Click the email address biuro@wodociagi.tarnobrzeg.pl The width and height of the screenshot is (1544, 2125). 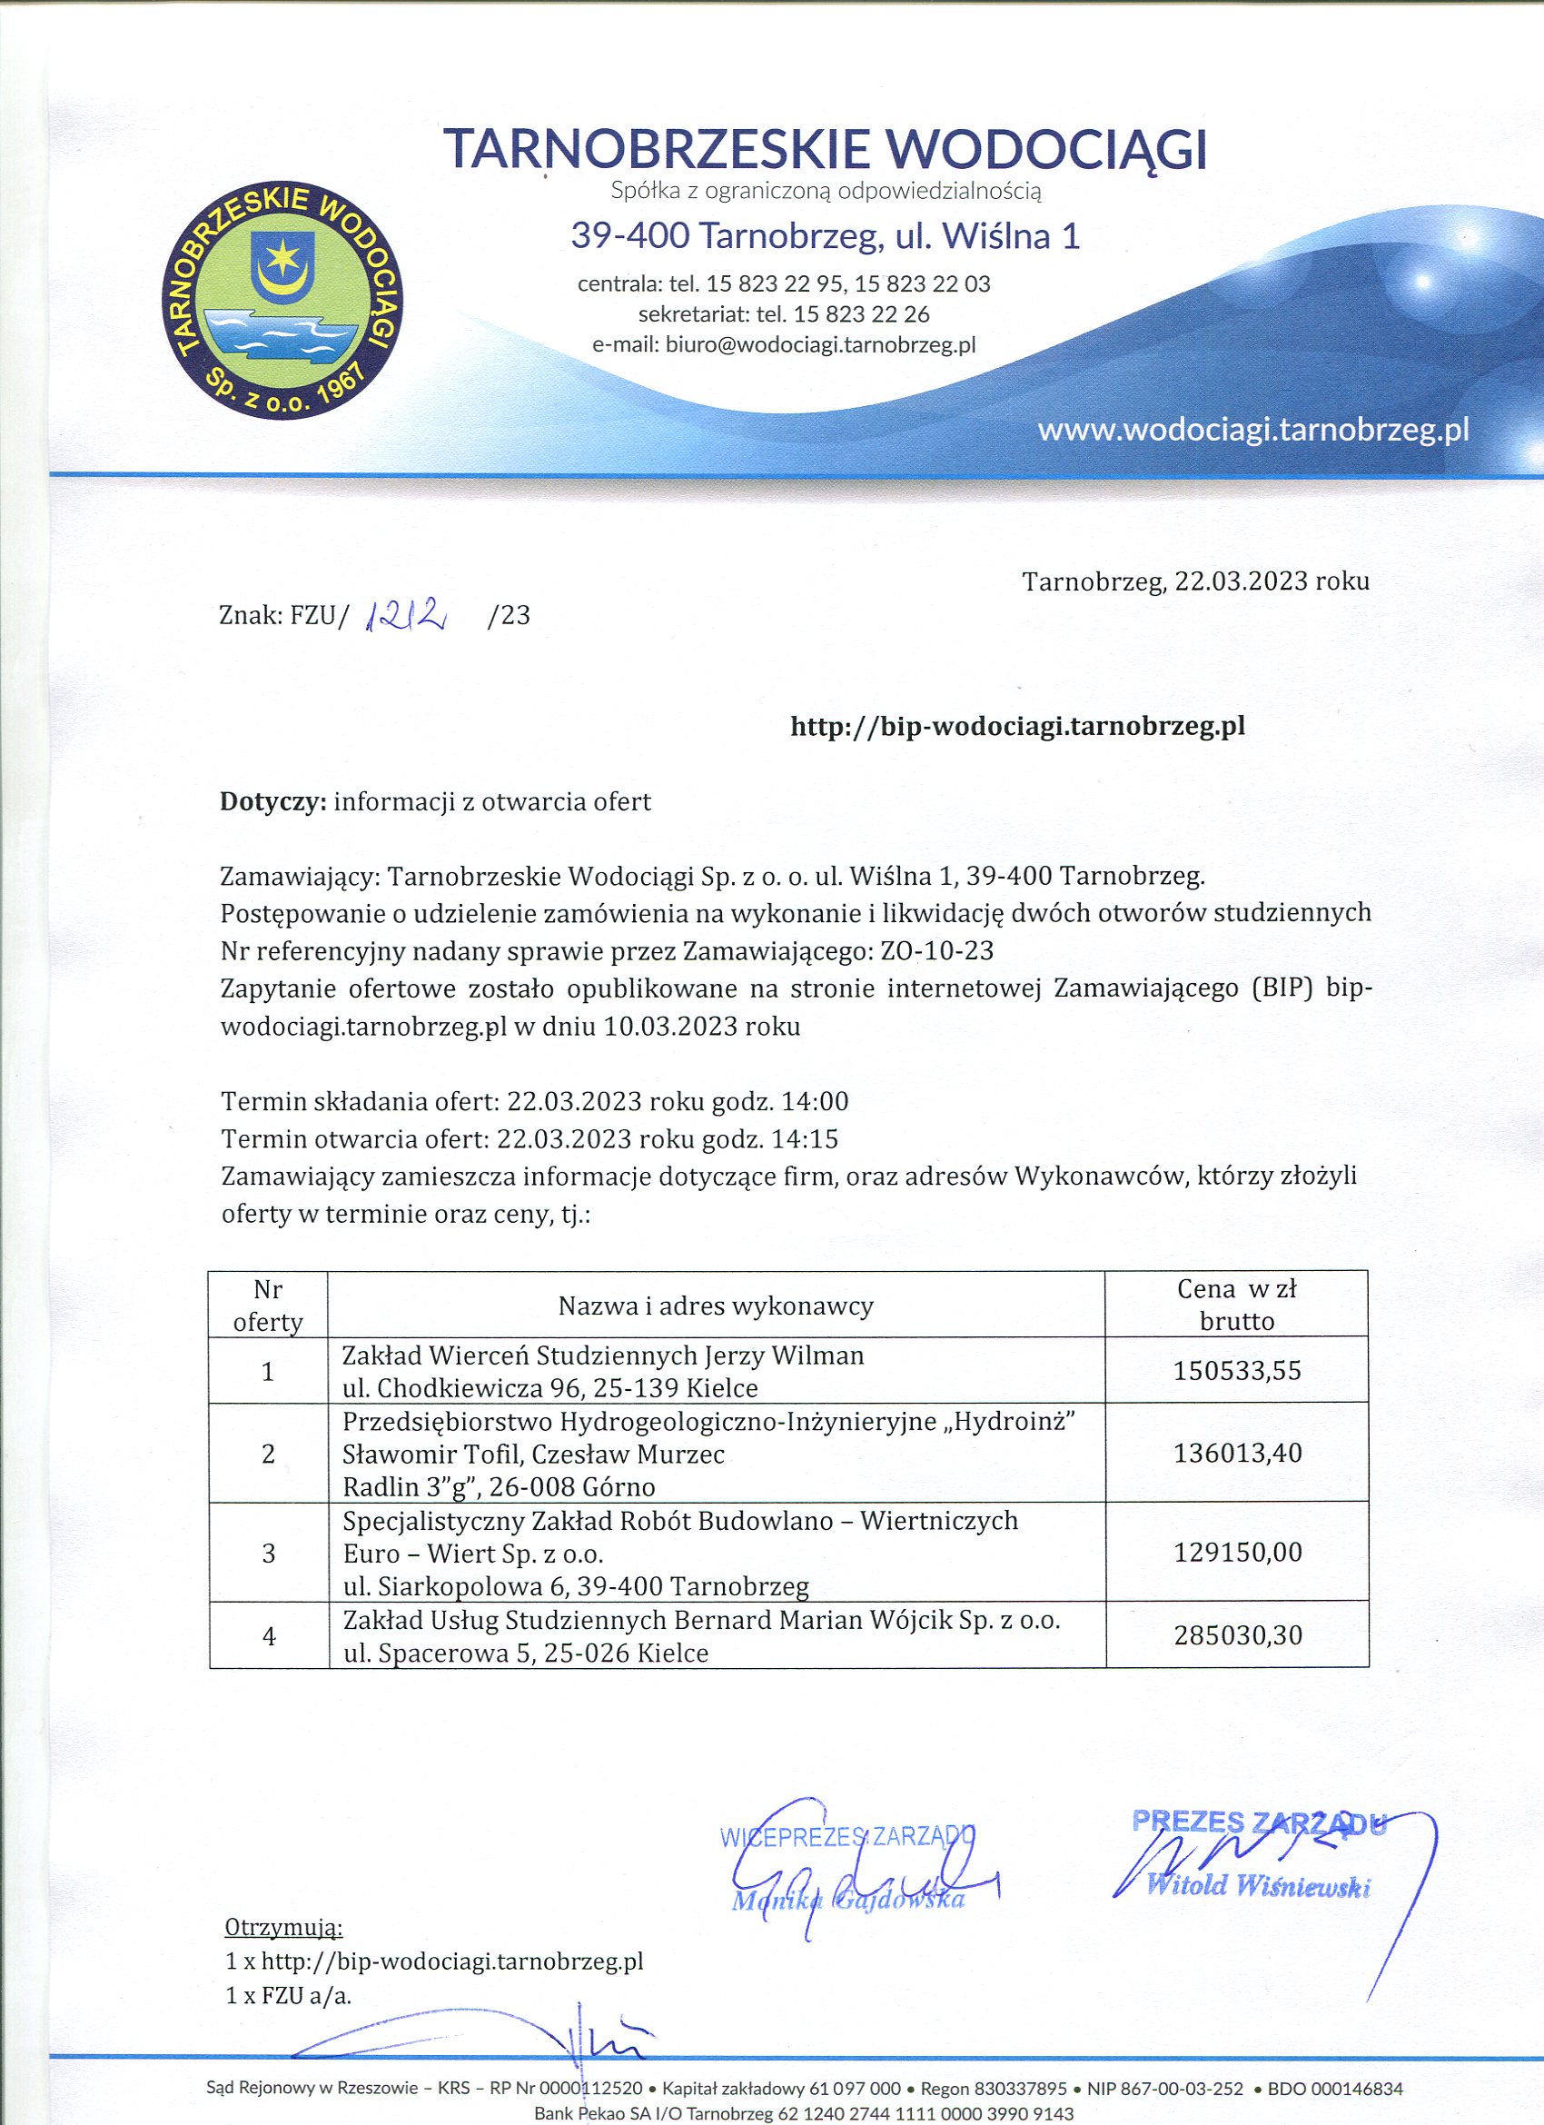[x=820, y=345]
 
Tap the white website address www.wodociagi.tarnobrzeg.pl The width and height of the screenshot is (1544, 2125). [x=1252, y=430]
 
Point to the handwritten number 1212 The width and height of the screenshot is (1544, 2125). [x=409, y=614]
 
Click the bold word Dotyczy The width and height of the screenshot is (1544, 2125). [x=272, y=801]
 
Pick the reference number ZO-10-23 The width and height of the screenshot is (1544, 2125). [x=937, y=951]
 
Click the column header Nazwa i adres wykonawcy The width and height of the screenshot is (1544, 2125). [x=716, y=1306]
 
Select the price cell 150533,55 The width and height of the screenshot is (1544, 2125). [x=1237, y=1371]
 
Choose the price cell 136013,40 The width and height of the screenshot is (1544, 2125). [x=1237, y=1454]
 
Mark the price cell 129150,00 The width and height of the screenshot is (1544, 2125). [x=1237, y=1553]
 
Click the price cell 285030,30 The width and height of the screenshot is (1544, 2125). [x=1237, y=1635]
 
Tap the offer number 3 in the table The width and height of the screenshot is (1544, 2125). [x=269, y=1554]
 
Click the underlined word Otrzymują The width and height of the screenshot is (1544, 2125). [x=284, y=1928]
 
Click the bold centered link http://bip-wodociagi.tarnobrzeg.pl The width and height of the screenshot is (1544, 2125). [x=1017, y=726]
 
